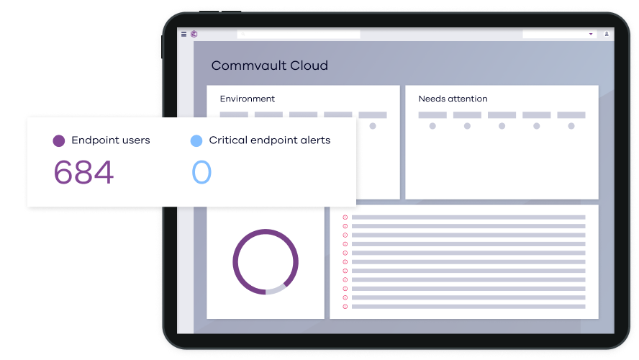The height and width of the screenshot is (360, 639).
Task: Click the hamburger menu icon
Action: (183, 34)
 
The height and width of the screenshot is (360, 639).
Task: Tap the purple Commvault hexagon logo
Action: (194, 34)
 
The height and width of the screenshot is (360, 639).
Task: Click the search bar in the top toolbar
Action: (299, 34)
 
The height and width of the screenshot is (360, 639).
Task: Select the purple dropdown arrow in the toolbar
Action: (591, 34)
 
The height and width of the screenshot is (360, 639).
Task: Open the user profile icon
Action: (607, 34)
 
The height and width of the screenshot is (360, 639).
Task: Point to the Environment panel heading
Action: (247, 99)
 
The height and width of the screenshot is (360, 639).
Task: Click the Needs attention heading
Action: (453, 99)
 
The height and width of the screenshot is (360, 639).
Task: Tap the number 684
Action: (84, 173)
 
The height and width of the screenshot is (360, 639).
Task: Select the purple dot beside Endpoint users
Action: (59, 141)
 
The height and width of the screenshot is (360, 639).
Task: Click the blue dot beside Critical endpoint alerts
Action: (196, 141)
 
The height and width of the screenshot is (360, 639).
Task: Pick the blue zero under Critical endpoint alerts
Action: (201, 173)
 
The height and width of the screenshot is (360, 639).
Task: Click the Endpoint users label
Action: (110, 140)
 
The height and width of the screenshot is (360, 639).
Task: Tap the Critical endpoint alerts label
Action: (269, 140)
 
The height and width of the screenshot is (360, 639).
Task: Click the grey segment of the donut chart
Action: (276, 289)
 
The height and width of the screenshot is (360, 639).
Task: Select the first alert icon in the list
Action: (345, 217)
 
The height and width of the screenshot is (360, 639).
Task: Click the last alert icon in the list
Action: (345, 307)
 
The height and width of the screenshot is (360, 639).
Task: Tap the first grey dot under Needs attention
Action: (432, 126)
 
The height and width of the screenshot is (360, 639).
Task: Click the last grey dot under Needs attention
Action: (571, 126)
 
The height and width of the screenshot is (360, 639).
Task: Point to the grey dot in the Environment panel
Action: (373, 126)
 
